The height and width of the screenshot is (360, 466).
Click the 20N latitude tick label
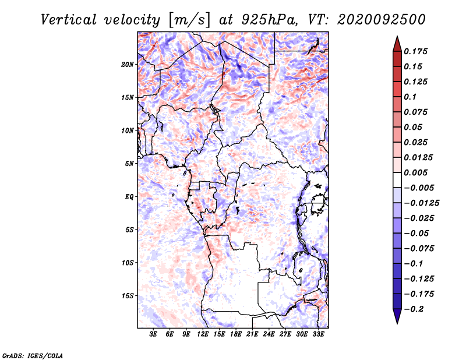pyautogui.click(x=128, y=64)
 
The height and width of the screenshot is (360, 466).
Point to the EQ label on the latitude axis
pyautogui.click(x=129, y=197)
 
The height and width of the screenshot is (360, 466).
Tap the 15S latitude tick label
pyautogui.click(x=128, y=296)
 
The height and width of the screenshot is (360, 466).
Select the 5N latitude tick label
pyautogui.click(x=129, y=164)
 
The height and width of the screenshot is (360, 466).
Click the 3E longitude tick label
pyautogui.click(x=154, y=334)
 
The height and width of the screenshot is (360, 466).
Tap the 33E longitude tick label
pyautogui.click(x=318, y=334)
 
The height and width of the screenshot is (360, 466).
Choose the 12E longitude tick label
pyautogui.click(x=203, y=334)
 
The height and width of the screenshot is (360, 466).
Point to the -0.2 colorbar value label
pyautogui.click(x=415, y=309)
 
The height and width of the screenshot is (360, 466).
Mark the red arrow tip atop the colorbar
pyautogui.click(x=397, y=39)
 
